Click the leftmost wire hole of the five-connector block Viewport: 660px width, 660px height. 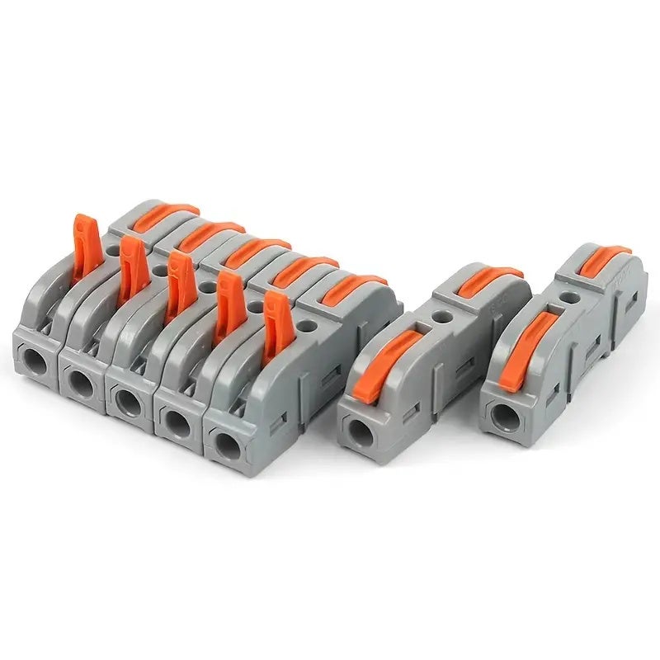[35, 360]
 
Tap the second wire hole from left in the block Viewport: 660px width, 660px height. [81, 381]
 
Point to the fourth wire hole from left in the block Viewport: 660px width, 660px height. [177, 421]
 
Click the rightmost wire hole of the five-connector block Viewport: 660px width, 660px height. [225, 441]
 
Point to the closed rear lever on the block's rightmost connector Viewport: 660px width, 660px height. [353, 285]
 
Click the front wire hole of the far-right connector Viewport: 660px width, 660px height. [499, 413]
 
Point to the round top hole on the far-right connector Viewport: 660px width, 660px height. [568, 294]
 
